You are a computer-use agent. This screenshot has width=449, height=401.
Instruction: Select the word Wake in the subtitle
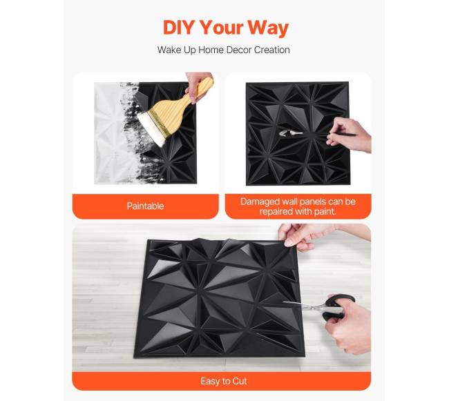pos(169,50)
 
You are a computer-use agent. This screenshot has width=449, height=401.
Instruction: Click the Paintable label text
pos(145,206)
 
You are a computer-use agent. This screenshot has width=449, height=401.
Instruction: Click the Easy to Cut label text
pos(224,381)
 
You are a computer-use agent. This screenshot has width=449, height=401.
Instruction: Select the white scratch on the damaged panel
pos(290,133)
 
